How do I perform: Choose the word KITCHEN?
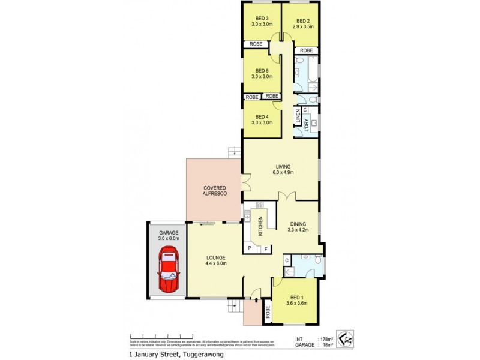[260, 226]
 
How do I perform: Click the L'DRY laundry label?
[306, 125]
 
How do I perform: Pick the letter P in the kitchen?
[249, 248]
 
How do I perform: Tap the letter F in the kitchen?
[266, 248]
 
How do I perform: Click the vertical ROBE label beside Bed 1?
[268, 312]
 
